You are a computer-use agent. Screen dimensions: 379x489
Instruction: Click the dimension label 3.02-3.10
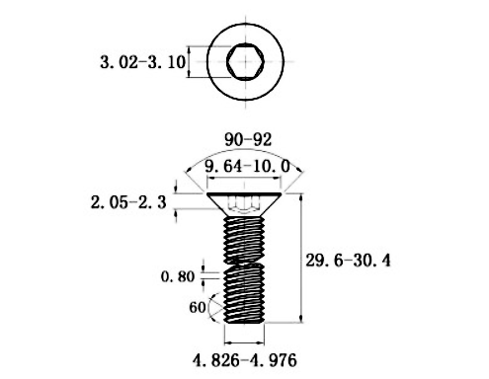click(142, 61)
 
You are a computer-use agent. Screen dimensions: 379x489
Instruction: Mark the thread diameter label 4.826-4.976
click(245, 357)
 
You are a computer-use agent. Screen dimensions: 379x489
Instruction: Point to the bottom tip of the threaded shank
click(246, 322)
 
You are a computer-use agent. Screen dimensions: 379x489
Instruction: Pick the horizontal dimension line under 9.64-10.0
click(246, 178)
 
